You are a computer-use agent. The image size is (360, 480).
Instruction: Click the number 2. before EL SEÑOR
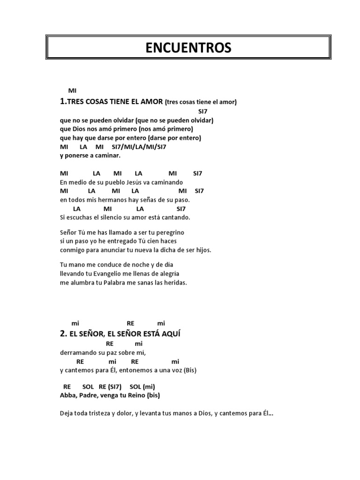64,334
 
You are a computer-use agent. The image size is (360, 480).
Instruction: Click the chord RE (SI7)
111,387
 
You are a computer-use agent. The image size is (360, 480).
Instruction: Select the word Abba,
69,395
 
